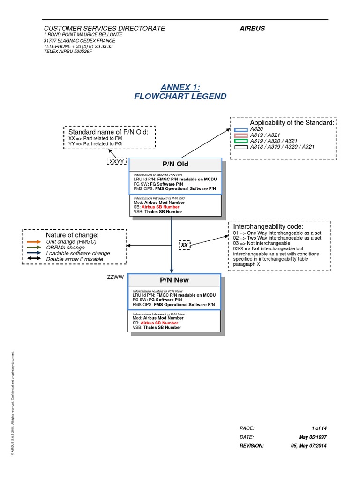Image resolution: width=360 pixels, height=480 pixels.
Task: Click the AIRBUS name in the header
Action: tap(252, 28)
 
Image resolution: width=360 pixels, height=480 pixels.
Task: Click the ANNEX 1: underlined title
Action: tap(180, 87)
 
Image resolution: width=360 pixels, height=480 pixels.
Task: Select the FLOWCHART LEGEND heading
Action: tap(180, 97)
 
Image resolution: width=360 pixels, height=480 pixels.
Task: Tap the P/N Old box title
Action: tap(175, 165)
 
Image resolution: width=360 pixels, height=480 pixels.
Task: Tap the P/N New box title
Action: tap(174, 280)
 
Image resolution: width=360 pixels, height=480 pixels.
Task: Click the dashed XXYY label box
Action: tap(117, 161)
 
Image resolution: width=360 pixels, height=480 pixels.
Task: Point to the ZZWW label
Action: tap(115, 277)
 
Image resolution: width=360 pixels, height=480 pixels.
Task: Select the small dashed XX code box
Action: tap(185, 245)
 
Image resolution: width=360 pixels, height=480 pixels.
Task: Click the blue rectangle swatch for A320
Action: tap(241, 129)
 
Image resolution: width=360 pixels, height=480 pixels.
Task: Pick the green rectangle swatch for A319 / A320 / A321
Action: tap(241, 141)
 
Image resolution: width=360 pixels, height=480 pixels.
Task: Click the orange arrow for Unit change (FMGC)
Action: tap(34, 241)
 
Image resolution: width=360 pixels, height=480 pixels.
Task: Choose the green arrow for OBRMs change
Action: tap(34, 247)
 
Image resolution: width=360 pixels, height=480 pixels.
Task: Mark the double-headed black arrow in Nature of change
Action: tap(34, 259)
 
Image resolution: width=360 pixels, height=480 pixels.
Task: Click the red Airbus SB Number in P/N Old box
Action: tap(160, 207)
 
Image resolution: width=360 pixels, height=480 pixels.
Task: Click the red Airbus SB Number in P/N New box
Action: tap(159, 322)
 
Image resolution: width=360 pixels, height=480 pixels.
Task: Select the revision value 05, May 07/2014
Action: tap(309, 446)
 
